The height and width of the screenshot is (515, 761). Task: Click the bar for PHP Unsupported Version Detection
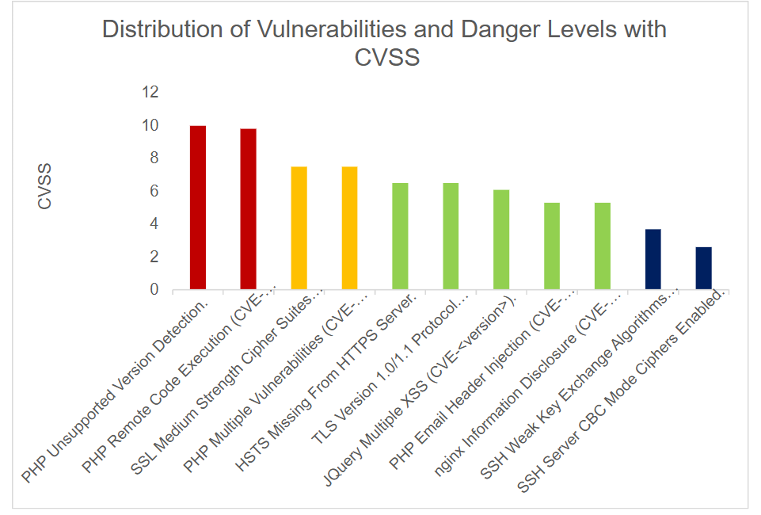[x=198, y=208]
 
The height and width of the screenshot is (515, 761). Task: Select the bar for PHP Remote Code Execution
[x=248, y=209]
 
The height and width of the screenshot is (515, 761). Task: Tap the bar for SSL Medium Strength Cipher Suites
[x=299, y=228]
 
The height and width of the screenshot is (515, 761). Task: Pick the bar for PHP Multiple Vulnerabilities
[x=349, y=228]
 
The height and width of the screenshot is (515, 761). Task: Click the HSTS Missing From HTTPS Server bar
[x=400, y=236]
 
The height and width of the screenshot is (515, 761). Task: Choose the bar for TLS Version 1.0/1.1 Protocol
[x=451, y=236]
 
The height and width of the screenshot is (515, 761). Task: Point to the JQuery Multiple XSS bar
[x=501, y=240]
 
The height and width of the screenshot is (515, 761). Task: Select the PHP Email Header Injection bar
[x=552, y=246]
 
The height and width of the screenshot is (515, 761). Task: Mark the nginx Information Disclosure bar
[x=603, y=246]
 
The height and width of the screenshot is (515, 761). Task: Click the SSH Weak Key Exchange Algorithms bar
[x=653, y=260]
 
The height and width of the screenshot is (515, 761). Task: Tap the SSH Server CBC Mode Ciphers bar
[x=703, y=269]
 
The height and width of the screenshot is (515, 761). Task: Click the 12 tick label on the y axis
[x=150, y=93]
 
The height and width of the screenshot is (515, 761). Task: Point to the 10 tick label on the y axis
[x=150, y=125]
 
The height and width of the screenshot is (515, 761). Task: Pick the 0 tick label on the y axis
[x=154, y=290]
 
